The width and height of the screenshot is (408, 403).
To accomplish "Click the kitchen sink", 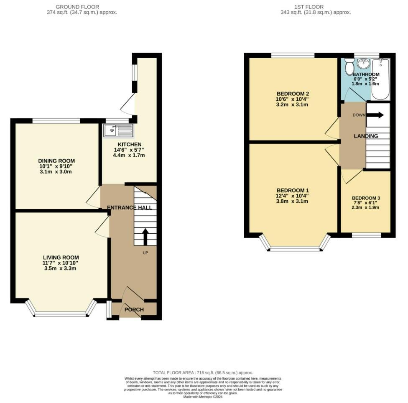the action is point(118,130).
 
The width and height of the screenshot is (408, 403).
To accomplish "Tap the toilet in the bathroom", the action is point(349,66).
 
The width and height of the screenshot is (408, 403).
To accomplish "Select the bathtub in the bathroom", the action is point(380,79).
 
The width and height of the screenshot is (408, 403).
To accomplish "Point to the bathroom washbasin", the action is point(364,63).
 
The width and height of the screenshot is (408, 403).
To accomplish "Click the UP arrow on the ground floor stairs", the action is point(145,237).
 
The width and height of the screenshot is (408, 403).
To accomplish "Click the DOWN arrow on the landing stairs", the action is point(375,115).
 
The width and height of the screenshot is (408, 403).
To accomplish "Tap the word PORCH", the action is point(134,310).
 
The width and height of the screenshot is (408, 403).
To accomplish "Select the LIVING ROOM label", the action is point(61,258).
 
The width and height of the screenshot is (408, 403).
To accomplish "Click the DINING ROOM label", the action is point(56,161).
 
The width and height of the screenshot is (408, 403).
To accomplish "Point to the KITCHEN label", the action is point(130,144).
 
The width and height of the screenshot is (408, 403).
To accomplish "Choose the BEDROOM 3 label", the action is point(366,198).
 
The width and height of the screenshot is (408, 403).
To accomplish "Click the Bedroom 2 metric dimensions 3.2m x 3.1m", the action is point(292,105).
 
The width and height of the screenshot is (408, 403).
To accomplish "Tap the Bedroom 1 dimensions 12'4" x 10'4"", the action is point(292,196).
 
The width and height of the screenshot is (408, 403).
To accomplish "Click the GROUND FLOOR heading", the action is point(77,7).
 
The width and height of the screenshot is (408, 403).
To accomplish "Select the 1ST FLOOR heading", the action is point(309,7).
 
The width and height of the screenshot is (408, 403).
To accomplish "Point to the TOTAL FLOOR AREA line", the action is point(203,372).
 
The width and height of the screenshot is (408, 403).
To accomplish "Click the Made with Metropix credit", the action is point(203,397).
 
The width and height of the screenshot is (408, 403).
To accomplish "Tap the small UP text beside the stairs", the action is point(145,253).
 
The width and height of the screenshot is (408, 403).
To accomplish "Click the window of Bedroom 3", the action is point(366,235).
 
